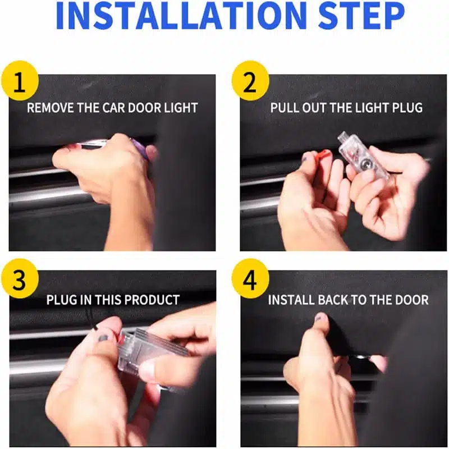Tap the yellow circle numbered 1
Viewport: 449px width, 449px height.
click(x=20, y=80)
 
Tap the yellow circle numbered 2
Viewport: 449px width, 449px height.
click(x=250, y=80)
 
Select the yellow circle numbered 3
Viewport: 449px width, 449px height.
click(x=20, y=278)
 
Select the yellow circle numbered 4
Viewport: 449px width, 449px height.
click(x=250, y=278)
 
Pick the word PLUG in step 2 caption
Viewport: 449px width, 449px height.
click(x=407, y=108)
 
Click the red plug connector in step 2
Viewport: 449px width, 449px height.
click(x=324, y=155)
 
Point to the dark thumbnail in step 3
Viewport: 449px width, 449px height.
click(x=103, y=338)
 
